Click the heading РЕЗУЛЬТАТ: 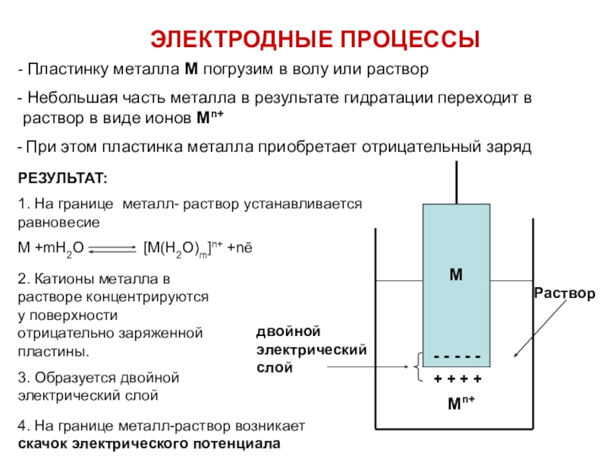click(62, 178)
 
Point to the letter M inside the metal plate click(455, 274)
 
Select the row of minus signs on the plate click(456, 357)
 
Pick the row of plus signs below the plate click(457, 378)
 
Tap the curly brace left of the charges click(418, 368)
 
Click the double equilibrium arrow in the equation click(114, 249)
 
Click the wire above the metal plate click(456, 182)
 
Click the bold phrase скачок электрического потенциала click(149, 444)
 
